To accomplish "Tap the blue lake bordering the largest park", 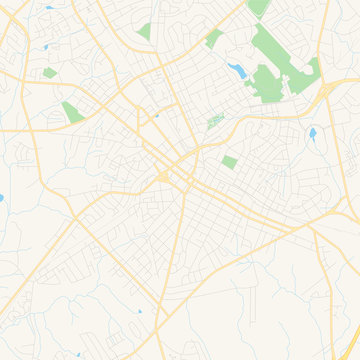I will click(x=238, y=70).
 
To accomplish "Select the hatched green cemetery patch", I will click(x=214, y=122).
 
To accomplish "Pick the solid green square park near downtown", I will click(x=230, y=162).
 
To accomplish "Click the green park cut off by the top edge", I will click(x=258, y=7).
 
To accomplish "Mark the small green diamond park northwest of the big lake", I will click(x=213, y=40).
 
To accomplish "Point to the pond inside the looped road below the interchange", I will click(x=312, y=132).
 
